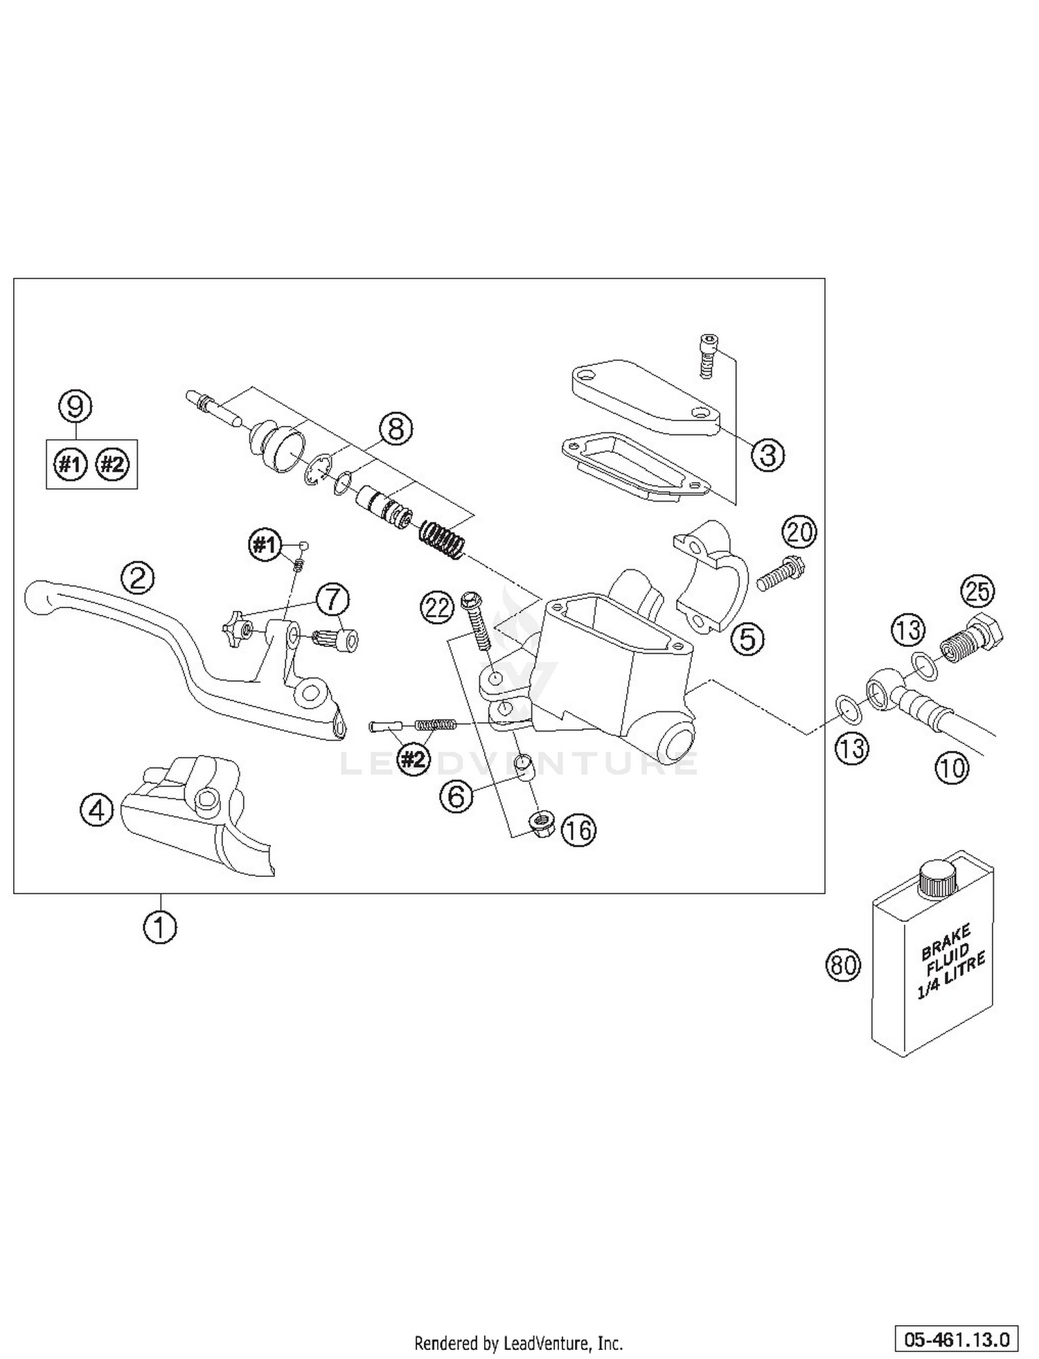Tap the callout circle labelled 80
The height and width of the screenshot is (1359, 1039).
click(843, 964)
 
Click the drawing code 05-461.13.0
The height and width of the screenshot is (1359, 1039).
click(956, 1338)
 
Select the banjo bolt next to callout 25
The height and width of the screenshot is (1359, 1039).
click(973, 637)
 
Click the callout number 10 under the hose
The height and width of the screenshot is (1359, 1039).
click(952, 767)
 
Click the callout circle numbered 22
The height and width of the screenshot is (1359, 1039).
click(438, 608)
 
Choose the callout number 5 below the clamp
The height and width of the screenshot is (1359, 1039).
click(748, 638)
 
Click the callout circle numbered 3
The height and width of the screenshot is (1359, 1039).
click(767, 455)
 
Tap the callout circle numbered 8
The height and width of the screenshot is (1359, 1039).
click(396, 429)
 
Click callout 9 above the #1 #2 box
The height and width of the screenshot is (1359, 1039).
click(75, 406)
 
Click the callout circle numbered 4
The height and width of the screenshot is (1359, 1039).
click(97, 809)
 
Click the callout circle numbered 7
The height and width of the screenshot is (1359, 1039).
click(332, 600)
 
